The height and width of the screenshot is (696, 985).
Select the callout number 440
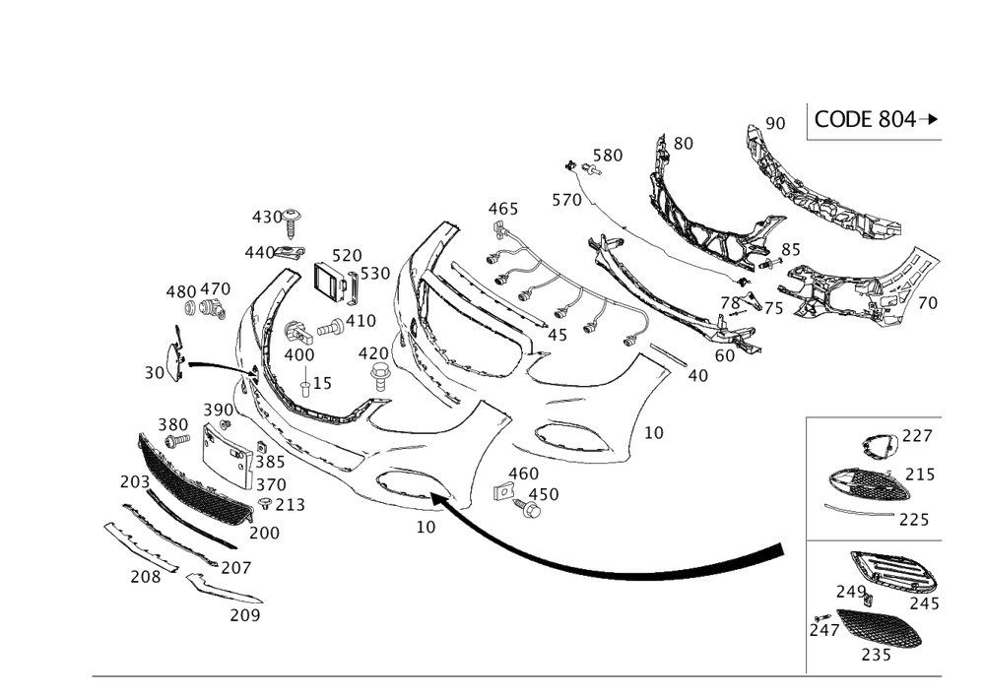(x=258, y=253)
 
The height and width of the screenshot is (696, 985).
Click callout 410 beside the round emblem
(x=361, y=321)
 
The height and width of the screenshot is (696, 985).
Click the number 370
(x=270, y=484)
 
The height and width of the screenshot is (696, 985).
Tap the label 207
(x=235, y=569)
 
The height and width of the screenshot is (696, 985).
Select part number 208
(x=144, y=579)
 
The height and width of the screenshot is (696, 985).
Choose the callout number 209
(x=244, y=615)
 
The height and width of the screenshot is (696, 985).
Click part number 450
(x=544, y=494)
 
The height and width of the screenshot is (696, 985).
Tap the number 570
(x=566, y=200)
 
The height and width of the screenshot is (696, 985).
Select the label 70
(x=926, y=303)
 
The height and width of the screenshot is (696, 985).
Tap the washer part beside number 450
(x=532, y=511)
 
